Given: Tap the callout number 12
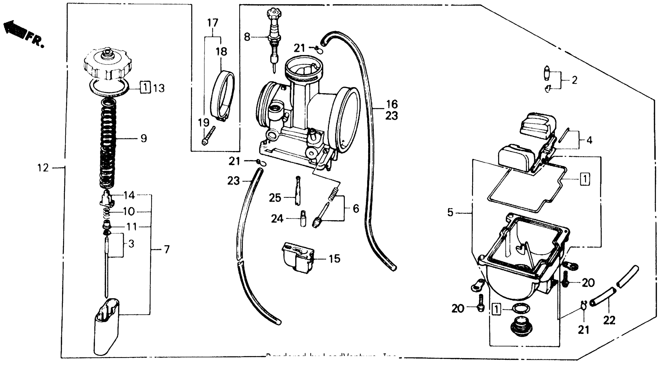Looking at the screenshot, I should pos(43,168).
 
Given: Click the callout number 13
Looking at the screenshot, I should pos(159,88).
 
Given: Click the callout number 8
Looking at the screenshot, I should pos(247,37).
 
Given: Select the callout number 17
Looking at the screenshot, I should pos(213,23).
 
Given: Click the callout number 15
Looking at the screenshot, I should pos(335,259).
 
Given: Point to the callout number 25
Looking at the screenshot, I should pos(275,198).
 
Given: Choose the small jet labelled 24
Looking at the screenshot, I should pos(303,219).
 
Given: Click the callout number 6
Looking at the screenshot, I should pos(356,208).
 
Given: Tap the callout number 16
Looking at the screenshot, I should pos(392,104).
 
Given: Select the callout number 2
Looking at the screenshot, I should pos(574,80).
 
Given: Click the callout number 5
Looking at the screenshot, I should pos(450,212).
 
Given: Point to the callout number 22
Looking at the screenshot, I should pos(609,320).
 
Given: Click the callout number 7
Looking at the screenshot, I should pos(167,250).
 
